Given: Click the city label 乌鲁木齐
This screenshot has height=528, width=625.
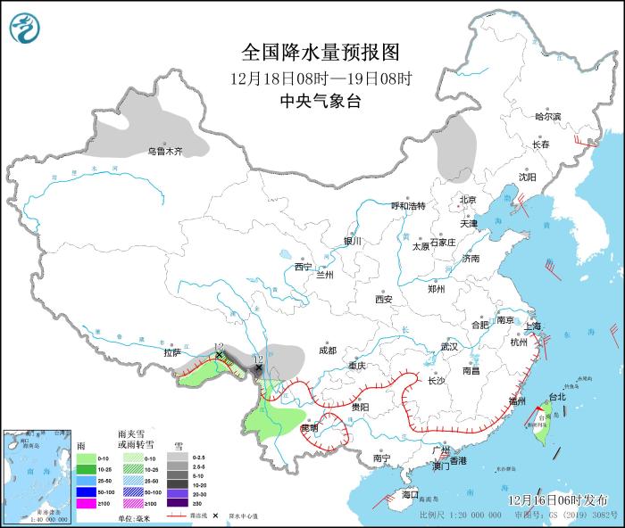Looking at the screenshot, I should [x=165, y=152].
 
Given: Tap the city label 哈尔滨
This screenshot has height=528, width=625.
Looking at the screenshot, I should [x=547, y=117].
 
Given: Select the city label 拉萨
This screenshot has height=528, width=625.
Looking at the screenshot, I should [x=172, y=352].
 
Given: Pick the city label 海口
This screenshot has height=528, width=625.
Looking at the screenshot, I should [x=410, y=494].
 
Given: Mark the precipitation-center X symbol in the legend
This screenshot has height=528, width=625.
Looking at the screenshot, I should [x=215, y=516].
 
